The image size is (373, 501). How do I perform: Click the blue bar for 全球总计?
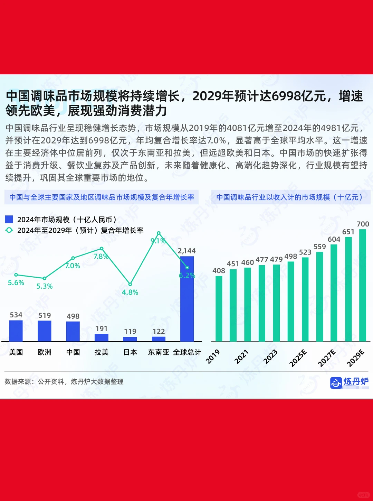[187, 299]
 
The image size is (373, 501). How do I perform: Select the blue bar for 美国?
[16, 331]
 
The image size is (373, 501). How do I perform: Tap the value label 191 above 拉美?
[102, 328]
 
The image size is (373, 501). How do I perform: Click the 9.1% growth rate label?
[158, 241]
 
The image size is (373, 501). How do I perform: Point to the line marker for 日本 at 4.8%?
[130, 284]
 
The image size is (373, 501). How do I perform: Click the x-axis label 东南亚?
[159, 352]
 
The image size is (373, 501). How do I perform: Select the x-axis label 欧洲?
[45, 352]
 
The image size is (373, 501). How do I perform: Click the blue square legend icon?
[9, 219]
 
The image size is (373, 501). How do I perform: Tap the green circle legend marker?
[9, 230]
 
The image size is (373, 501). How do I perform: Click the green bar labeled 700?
[363, 285]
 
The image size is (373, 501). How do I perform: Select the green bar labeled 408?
[219, 308]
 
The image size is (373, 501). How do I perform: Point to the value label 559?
[319, 247]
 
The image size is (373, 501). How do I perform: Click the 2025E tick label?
[298, 358]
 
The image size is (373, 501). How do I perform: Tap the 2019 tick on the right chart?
[213, 356]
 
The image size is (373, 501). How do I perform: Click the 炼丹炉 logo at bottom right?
[350, 382]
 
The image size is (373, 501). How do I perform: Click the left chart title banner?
[102, 197]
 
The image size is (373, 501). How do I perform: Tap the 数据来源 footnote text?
[64, 382]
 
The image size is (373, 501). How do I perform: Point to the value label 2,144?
[186, 251]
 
